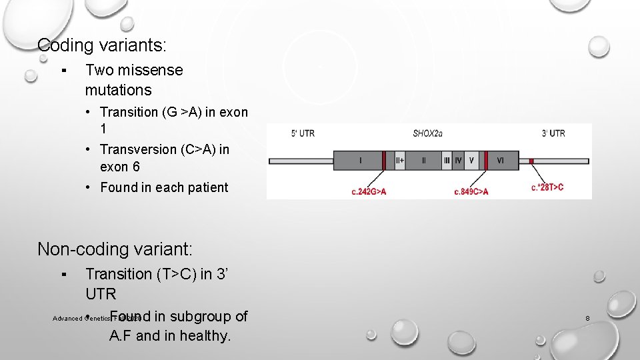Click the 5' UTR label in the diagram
(x=303, y=133)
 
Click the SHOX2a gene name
(x=427, y=133)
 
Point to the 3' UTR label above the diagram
(x=553, y=133)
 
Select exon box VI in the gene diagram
(x=501, y=161)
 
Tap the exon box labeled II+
(x=400, y=161)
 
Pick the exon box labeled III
(x=447, y=161)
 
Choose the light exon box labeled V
(x=471, y=161)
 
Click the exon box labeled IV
(x=458, y=161)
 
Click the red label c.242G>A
(x=369, y=191)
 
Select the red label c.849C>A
(x=471, y=191)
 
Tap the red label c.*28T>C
(x=547, y=187)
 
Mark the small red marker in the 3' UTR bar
(x=531, y=161)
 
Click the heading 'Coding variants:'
(x=102, y=45)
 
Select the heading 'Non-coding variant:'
(x=115, y=249)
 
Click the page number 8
(x=587, y=319)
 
